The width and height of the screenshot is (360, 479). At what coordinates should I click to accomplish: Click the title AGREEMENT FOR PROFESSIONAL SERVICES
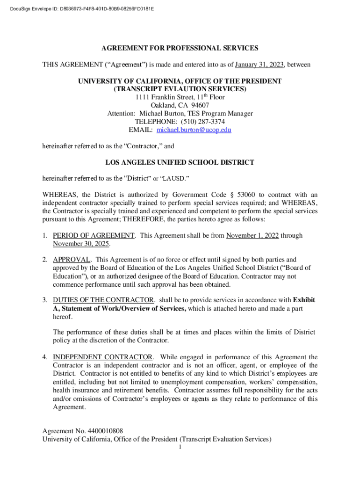tap(180, 48)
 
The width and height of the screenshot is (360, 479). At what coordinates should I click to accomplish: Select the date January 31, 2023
tap(261, 64)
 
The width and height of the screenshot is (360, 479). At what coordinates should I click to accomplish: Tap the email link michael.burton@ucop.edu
tap(194, 130)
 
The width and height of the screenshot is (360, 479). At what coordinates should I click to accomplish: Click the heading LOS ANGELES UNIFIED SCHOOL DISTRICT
tap(180, 162)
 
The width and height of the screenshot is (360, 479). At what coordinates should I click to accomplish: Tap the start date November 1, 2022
tap(252, 235)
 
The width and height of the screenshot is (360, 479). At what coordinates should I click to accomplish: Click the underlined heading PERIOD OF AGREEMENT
tap(94, 235)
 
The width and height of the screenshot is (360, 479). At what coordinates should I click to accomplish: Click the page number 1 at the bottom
tap(180, 448)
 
